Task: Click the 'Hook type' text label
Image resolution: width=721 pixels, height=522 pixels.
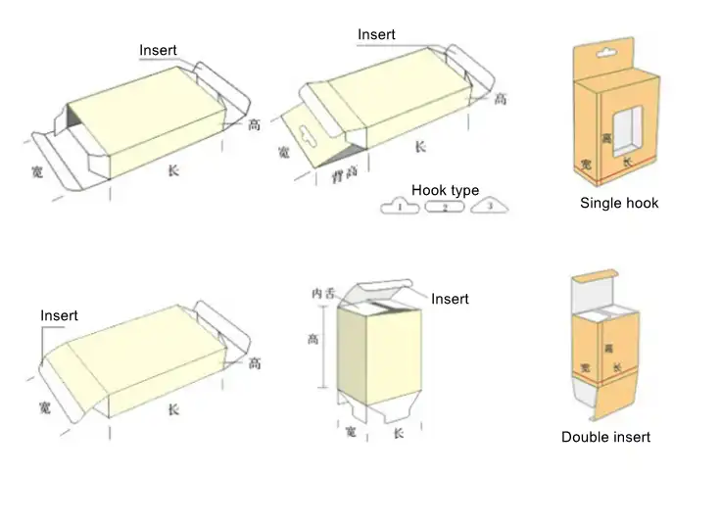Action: click(445, 189)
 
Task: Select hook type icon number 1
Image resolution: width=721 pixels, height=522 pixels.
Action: click(400, 207)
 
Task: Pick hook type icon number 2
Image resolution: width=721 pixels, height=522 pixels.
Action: click(445, 207)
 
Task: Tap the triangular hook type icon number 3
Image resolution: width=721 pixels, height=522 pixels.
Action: click(492, 206)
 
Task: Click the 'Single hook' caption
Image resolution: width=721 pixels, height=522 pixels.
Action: click(619, 203)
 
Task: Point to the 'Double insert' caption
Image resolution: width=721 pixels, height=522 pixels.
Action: click(605, 437)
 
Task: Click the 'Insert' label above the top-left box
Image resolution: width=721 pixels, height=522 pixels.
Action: click(158, 50)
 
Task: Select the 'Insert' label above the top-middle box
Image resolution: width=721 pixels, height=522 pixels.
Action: click(376, 34)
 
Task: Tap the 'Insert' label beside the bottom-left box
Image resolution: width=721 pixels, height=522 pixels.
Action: click(59, 315)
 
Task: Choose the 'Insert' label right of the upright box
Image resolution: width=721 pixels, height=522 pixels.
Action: click(450, 299)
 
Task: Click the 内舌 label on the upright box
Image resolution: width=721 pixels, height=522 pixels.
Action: click(323, 293)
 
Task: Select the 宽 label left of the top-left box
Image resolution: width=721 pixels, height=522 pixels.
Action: click(37, 169)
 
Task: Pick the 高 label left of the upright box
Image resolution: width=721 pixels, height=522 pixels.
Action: click(312, 339)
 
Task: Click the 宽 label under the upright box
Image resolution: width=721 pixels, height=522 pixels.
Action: click(351, 432)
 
